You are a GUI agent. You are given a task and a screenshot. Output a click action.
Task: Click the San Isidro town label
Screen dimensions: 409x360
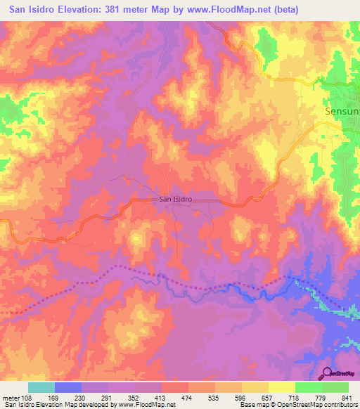174,199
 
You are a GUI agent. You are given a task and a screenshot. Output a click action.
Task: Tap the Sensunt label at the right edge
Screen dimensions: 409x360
342,111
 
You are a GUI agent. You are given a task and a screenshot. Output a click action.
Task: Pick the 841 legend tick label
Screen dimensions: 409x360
347,398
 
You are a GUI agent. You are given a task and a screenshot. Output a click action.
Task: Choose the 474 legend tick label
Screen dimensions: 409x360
188,398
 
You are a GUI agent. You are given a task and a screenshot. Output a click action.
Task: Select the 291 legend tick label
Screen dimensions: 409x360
108,398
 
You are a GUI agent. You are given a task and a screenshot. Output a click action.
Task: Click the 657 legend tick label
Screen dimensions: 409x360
267,398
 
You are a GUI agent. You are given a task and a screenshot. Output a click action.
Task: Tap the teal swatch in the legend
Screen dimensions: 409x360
41,387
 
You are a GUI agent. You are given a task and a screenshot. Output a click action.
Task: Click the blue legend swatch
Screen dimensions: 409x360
68,387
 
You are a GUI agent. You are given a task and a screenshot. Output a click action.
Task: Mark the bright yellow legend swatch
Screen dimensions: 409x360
281,387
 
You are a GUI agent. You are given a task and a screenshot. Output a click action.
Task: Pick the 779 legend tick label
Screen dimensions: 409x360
321,398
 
